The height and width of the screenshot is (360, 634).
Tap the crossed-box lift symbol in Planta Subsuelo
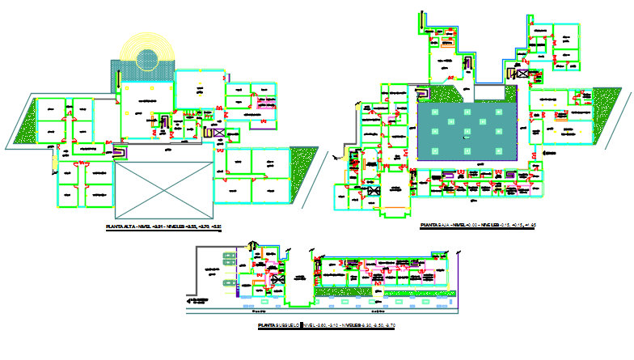pyautogui.click(x=278, y=279)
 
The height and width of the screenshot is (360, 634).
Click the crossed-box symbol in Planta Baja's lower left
pyautogui.click(x=373, y=191)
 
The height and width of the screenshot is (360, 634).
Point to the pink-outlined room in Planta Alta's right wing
pyautogui.click(x=268, y=101)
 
